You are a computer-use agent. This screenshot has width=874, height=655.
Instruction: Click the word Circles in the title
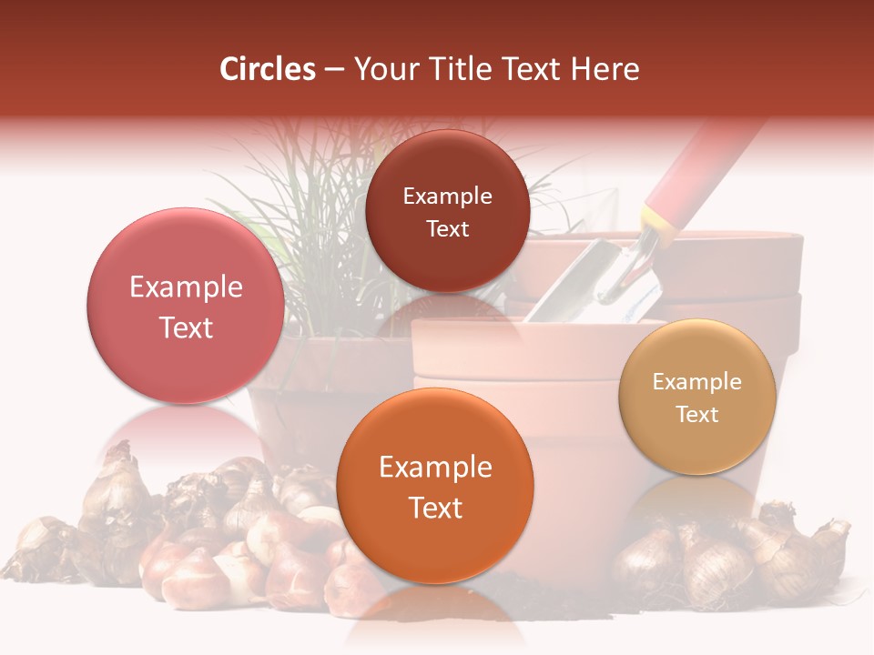point(267,69)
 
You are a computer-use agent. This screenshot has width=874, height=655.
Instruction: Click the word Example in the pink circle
point(186,287)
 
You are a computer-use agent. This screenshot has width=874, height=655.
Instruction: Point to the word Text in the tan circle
point(697,414)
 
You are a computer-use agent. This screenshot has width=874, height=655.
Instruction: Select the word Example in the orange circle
point(435,468)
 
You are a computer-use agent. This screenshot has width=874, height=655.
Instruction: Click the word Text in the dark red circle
point(447,228)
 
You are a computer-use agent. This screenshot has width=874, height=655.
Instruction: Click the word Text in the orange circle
point(435,508)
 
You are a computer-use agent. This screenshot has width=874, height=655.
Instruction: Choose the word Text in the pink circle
point(186,327)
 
